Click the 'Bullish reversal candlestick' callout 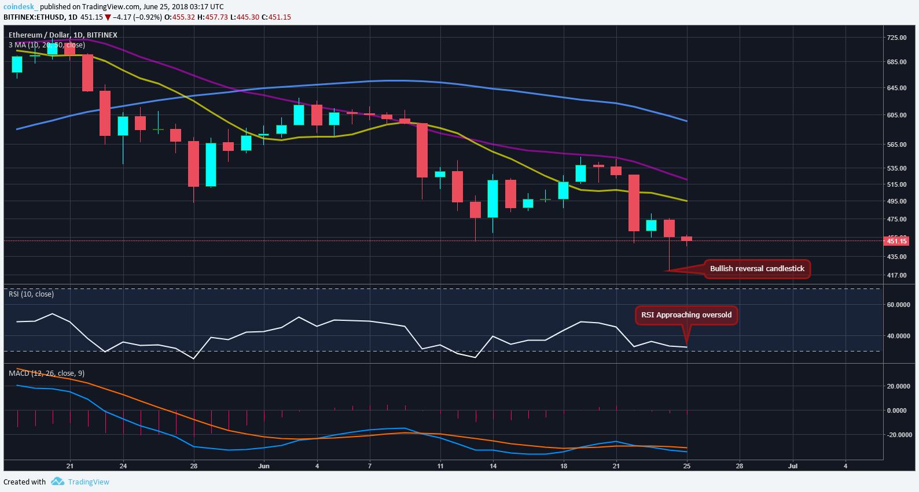pyautogui.click(x=757, y=269)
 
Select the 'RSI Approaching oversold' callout pyautogui.click(x=686, y=315)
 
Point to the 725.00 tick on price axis pyautogui.click(x=896, y=38)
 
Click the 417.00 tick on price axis pyautogui.click(x=896, y=275)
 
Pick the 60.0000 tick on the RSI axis pyautogui.click(x=898, y=305)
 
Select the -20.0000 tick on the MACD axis pyautogui.click(x=898, y=435)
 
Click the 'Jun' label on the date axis pyautogui.click(x=264, y=466)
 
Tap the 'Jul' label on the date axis pyautogui.click(x=793, y=466)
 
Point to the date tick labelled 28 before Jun pyautogui.click(x=194, y=466)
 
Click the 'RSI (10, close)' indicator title pyautogui.click(x=31, y=294)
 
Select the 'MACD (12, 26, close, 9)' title pyautogui.click(x=46, y=373)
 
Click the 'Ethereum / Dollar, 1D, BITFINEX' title pyautogui.click(x=63, y=35)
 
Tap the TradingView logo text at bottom pyautogui.click(x=88, y=482)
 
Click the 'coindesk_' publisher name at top pyautogui.click(x=20, y=7)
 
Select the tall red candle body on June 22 pyautogui.click(x=634, y=202)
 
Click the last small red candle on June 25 pyautogui.click(x=686, y=239)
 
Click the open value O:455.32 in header pyautogui.click(x=179, y=17)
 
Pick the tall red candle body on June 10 pyautogui.click(x=422, y=150)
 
